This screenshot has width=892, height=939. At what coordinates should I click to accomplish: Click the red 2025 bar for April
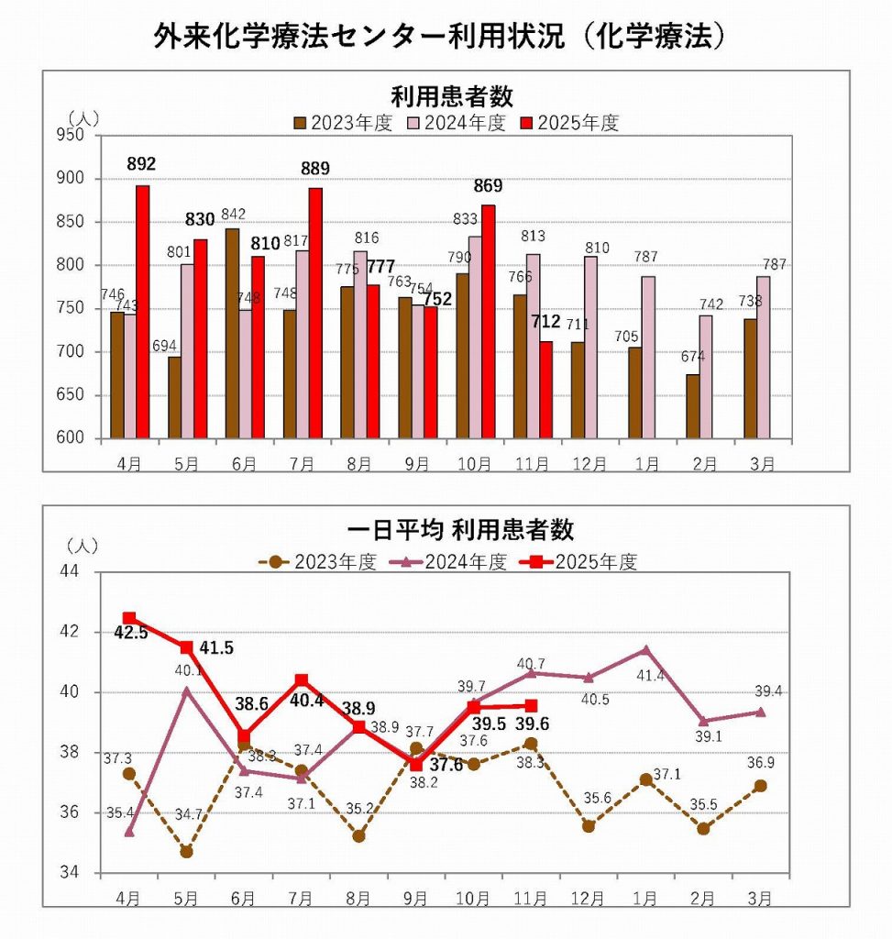142,312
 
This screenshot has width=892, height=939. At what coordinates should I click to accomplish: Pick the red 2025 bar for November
546,391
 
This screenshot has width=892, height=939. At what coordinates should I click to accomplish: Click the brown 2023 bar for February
692,406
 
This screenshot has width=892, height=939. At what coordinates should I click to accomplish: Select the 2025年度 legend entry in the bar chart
569,123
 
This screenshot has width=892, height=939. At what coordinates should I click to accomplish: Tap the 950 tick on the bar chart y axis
72,135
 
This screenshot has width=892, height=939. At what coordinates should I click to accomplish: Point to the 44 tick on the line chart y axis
72,572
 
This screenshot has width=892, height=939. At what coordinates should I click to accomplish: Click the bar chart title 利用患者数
452,96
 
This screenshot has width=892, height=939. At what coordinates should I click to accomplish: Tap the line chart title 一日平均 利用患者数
460,530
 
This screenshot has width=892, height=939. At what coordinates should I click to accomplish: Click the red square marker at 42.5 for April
129,618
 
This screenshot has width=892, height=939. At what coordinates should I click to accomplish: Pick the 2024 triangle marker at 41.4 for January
646,650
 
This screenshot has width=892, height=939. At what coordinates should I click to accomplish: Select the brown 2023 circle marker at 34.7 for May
186,852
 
